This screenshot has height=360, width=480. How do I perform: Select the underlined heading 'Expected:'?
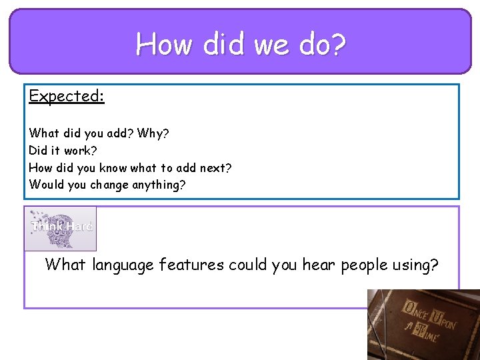(x=67, y=96)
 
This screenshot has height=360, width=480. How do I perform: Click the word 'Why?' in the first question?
(x=153, y=134)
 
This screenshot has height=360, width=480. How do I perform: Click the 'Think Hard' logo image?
(x=61, y=228)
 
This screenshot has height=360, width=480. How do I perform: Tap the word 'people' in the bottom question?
(x=365, y=265)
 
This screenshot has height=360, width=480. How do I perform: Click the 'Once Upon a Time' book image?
(x=423, y=324)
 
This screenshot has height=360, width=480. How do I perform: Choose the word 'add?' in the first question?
(x=119, y=134)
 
